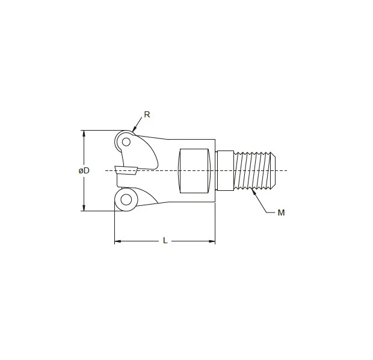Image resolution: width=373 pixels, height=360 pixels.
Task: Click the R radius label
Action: pos(147,114)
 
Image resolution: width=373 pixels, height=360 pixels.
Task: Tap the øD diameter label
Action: pos(84,171)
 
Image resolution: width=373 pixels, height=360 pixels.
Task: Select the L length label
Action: pos(165,241)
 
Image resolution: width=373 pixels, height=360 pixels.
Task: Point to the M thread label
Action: pos(281,213)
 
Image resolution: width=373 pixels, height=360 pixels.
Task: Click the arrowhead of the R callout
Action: pos(134,131)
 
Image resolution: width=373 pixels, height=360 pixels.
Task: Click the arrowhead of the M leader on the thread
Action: pos(255,192)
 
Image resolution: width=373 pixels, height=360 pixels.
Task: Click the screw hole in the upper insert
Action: pos(126,143)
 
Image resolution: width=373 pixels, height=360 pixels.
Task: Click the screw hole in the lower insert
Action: pos(126,199)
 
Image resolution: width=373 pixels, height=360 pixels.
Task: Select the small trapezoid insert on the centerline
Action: pos(127,170)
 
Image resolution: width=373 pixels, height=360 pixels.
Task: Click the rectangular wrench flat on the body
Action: pos(194,171)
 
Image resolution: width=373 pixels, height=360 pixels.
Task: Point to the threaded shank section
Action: pos(253,171)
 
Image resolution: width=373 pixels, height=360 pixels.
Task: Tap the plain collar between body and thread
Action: pos(225,171)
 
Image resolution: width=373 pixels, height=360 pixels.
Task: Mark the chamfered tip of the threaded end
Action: pos(274,171)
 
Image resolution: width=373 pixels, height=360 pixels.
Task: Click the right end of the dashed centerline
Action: pos(286,171)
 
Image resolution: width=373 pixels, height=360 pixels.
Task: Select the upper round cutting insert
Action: pos(125,143)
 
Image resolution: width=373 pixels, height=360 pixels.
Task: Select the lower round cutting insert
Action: pos(125,200)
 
